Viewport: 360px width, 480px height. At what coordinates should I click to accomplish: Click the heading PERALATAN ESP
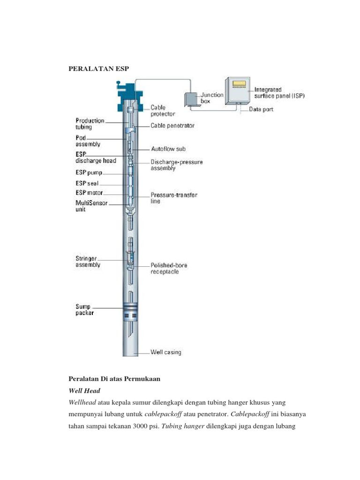click(x=98, y=69)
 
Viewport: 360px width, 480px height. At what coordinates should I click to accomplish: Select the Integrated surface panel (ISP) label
click(x=279, y=93)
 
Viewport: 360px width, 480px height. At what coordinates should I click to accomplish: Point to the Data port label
click(x=262, y=110)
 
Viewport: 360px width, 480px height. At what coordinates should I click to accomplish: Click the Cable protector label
click(x=163, y=111)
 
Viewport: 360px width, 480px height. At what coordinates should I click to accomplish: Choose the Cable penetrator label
click(x=172, y=126)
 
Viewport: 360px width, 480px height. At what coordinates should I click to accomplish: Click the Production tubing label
click(x=90, y=124)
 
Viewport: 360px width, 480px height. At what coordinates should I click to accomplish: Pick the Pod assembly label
click(x=88, y=141)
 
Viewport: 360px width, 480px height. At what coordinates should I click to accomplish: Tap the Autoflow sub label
click(x=168, y=149)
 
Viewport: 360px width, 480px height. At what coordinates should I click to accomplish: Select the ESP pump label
click(x=89, y=172)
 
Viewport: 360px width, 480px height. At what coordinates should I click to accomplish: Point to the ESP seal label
click(x=87, y=183)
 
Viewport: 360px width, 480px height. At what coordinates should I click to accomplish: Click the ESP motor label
click(x=89, y=193)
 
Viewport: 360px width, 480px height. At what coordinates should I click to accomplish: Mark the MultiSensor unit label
click(x=91, y=206)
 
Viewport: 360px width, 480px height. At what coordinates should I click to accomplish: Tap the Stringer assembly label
click(x=88, y=262)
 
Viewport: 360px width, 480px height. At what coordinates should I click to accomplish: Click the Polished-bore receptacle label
click(x=169, y=269)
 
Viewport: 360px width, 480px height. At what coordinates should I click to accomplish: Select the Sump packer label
click(x=85, y=310)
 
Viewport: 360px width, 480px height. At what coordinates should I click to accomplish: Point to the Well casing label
click(x=165, y=352)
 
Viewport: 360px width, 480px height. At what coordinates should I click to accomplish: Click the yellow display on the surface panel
click(x=239, y=84)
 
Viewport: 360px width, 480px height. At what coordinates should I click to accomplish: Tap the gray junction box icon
click(x=191, y=99)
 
